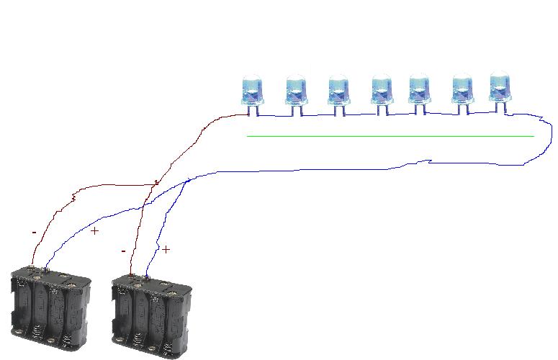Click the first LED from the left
[x=252, y=94]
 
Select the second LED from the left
[x=296, y=94]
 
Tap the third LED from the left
[x=338, y=94]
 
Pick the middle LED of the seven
[x=382, y=94]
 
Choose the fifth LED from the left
[x=420, y=94]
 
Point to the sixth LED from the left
[x=462, y=94]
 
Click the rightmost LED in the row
[x=500, y=91]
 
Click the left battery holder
[x=50, y=308]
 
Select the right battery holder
[x=152, y=315]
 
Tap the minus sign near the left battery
[x=34, y=233]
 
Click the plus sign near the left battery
[x=94, y=231]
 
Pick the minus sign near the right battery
[x=124, y=251]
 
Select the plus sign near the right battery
[x=166, y=250]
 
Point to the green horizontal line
[x=390, y=136]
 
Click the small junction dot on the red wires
[x=156, y=183]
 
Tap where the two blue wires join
[x=187, y=181]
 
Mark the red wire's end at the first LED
[x=248, y=114]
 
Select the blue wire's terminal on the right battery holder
[x=146, y=276]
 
